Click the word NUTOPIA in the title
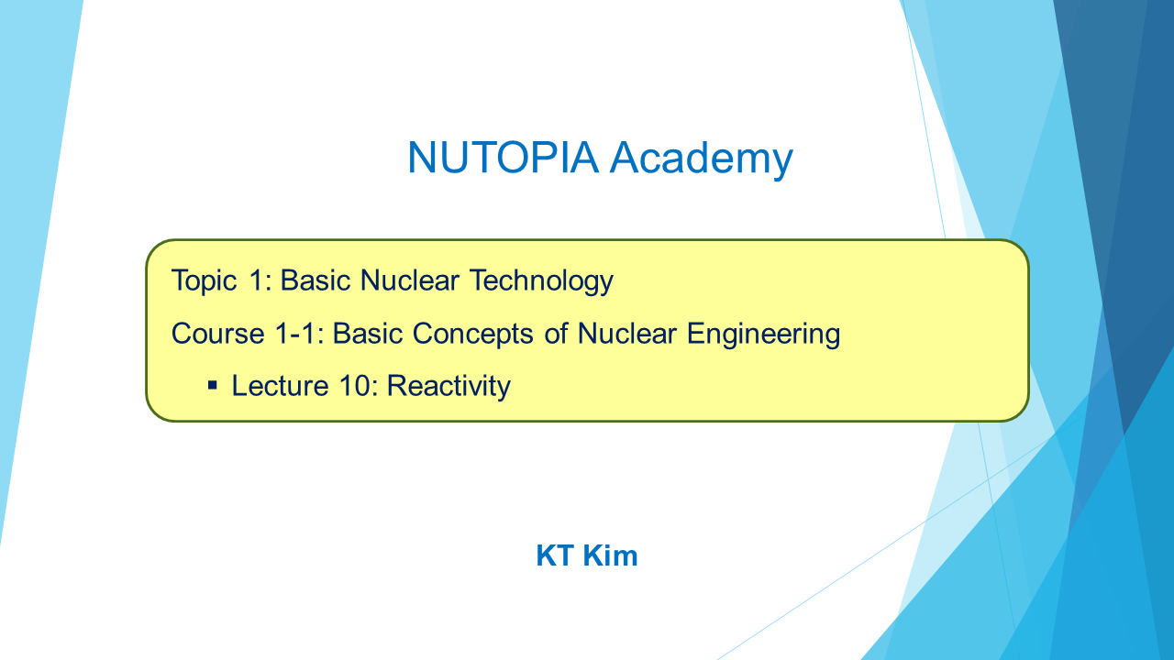[503, 157]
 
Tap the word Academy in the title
[702, 159]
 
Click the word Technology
[541, 281]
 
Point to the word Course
[217, 334]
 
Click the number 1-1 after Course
[299, 334]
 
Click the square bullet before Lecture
[212, 386]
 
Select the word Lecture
[280, 386]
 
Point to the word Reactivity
[449, 387]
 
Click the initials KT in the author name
[555, 555]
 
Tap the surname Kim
[611, 555]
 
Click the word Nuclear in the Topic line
[410, 280]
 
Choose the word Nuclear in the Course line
[626, 334]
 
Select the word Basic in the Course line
[368, 334]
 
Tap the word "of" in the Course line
[556, 334]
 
